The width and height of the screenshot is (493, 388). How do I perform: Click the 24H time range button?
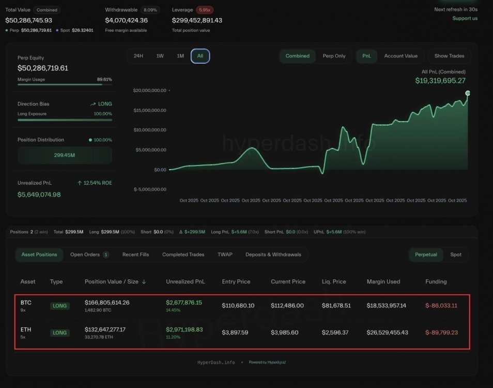tap(138, 56)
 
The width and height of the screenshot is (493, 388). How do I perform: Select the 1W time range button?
tap(160, 56)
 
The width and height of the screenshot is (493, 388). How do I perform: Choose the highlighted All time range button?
tap(200, 56)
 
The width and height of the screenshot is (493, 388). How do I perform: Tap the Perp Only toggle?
tap(334, 56)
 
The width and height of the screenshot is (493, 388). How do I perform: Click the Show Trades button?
tap(449, 56)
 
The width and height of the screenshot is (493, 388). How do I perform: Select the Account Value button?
tap(400, 56)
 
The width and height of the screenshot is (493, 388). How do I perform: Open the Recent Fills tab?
tap(135, 255)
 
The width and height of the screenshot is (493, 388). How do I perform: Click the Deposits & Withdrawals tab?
tap(273, 255)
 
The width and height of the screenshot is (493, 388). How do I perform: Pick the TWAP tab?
tap(225, 255)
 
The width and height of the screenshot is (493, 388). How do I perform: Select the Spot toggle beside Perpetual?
tap(456, 255)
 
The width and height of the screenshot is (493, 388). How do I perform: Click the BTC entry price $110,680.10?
tap(238, 306)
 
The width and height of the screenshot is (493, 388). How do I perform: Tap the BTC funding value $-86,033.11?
tap(441, 306)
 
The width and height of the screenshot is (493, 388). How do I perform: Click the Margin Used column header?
tap(383, 282)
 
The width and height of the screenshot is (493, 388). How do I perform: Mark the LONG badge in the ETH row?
tap(60, 333)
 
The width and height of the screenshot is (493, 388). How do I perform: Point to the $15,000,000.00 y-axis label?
tap(150, 110)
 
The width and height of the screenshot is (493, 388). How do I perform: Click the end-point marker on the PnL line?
tap(468, 93)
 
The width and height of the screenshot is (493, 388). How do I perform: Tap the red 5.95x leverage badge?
tap(205, 10)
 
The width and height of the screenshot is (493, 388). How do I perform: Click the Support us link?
tap(465, 19)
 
